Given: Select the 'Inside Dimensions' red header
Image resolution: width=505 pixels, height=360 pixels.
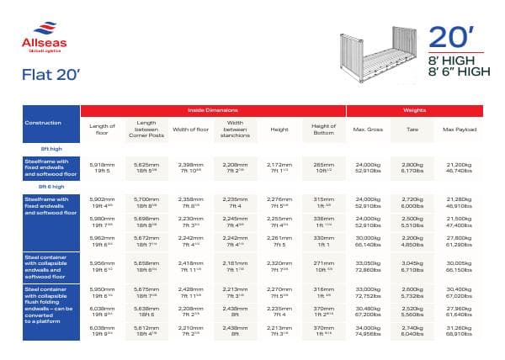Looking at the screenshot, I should click(x=212, y=110).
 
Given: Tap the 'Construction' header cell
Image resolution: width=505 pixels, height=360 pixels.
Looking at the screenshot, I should click(x=43, y=123).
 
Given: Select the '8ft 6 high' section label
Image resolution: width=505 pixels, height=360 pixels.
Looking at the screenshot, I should click(x=50, y=187).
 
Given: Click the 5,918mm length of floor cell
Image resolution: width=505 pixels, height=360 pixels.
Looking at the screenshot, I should click(x=101, y=167).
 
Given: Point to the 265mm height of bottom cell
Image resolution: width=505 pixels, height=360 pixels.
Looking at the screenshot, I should click(x=324, y=167).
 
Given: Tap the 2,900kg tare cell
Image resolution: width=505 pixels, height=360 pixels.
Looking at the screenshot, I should click(x=413, y=167).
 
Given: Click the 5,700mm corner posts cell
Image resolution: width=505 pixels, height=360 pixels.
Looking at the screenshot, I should click(x=147, y=202).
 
